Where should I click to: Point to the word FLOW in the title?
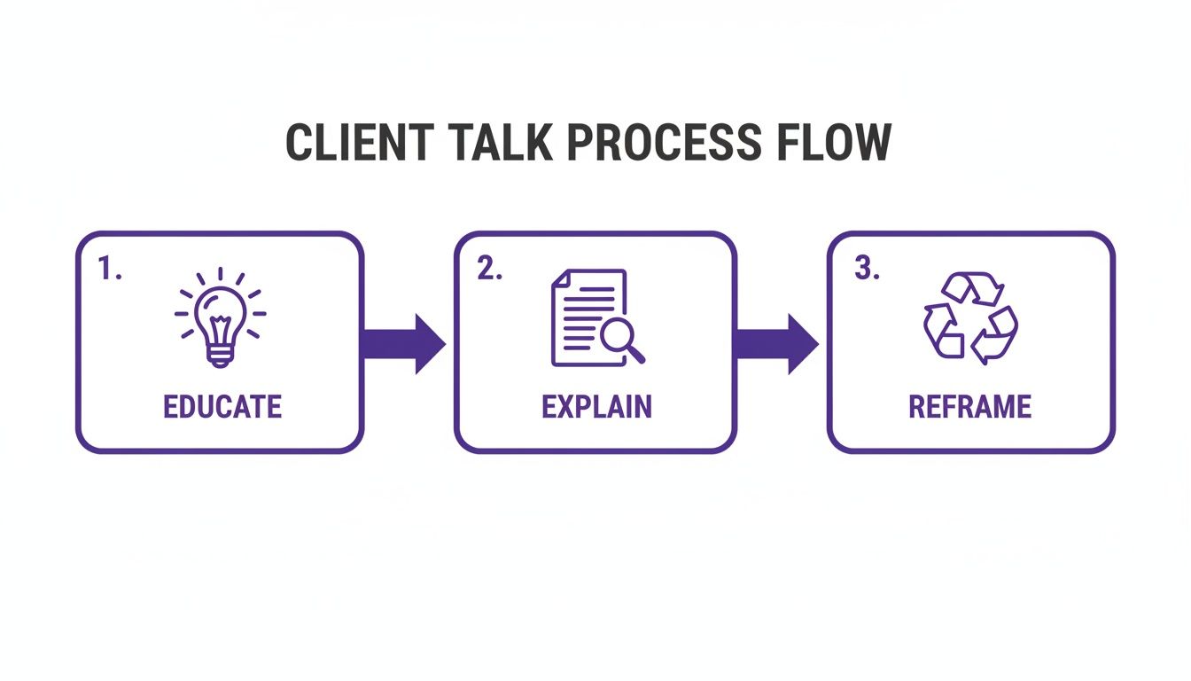(830, 143)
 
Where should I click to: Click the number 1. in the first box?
(110, 270)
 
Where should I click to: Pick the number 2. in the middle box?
(489, 270)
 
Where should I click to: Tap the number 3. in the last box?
(867, 270)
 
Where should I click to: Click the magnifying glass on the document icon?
(621, 338)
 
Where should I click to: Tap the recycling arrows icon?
(970, 317)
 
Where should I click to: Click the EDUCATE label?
(222, 406)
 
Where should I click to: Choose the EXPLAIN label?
(596, 406)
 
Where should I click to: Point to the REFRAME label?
(970, 406)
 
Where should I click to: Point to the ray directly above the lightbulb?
(220, 276)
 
